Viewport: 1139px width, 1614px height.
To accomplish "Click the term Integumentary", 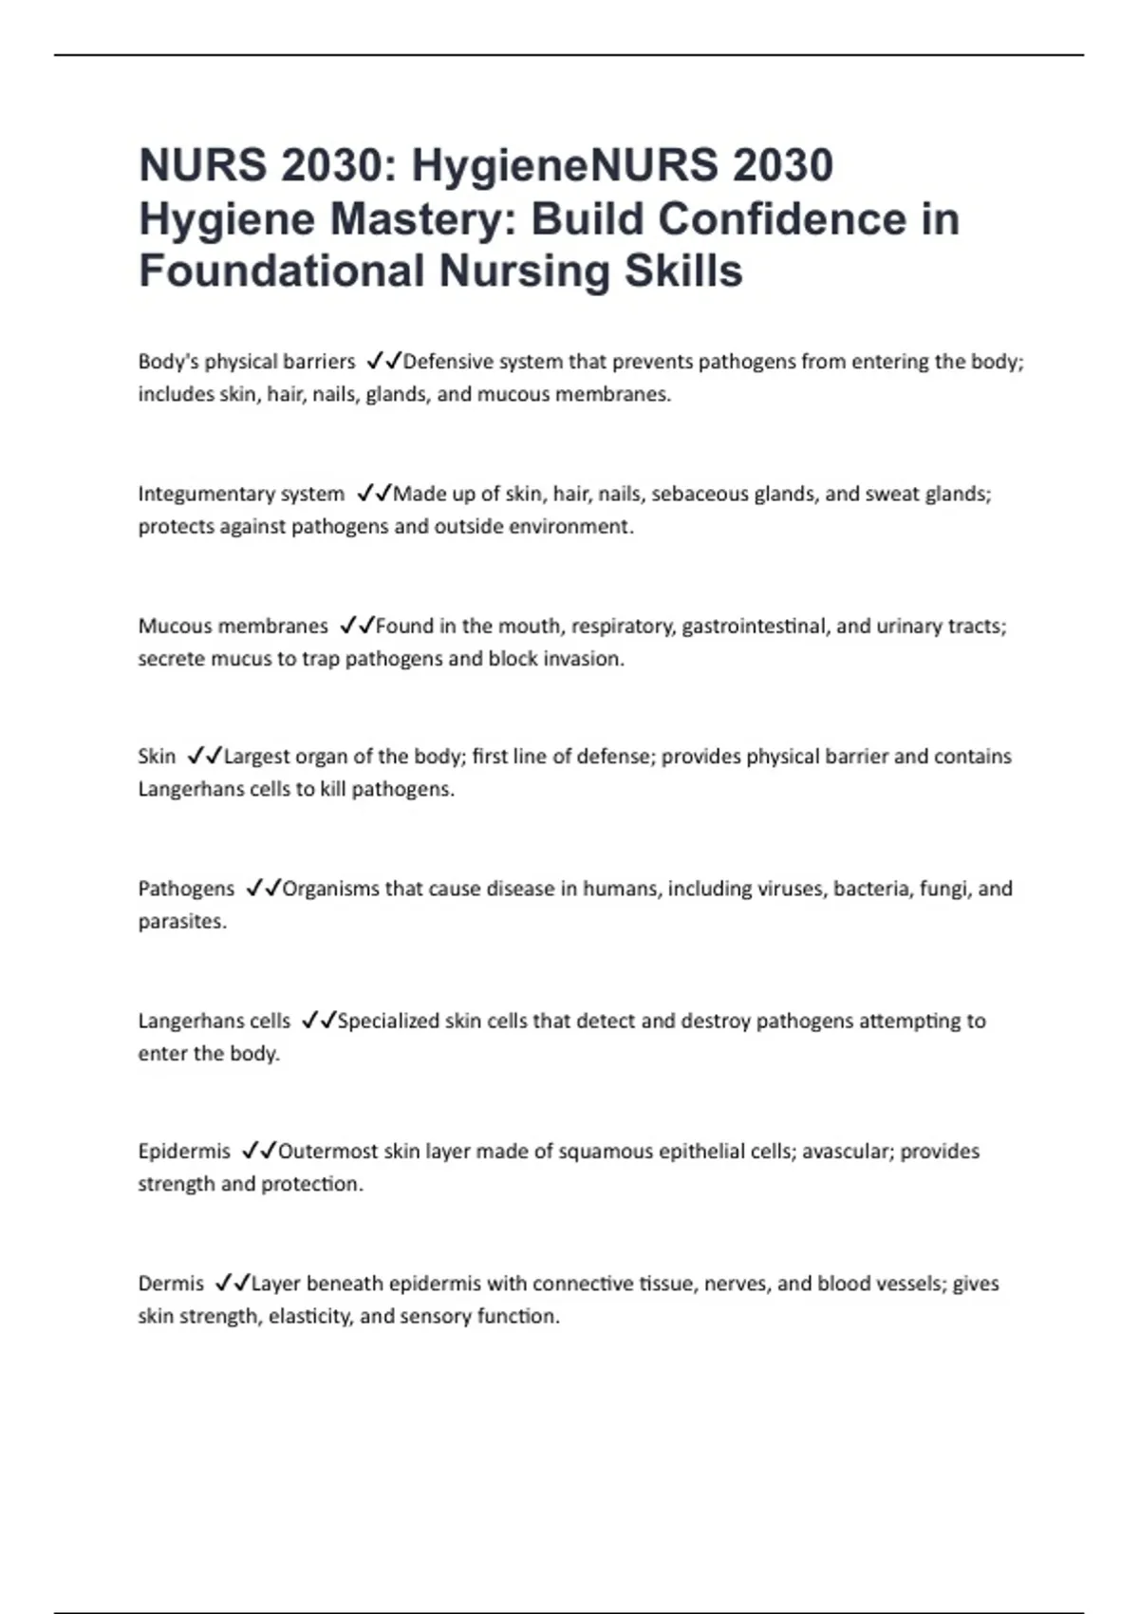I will coord(206,495).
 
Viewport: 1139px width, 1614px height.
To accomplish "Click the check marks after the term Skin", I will coord(205,757).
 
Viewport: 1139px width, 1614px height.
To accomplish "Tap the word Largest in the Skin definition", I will coord(257,757).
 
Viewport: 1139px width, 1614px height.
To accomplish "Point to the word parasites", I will coord(182,922).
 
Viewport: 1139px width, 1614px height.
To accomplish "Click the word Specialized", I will coord(394,1022).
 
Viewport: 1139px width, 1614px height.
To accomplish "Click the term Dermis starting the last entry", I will coord(171,1284).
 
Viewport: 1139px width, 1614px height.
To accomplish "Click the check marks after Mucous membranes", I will coord(357,626).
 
